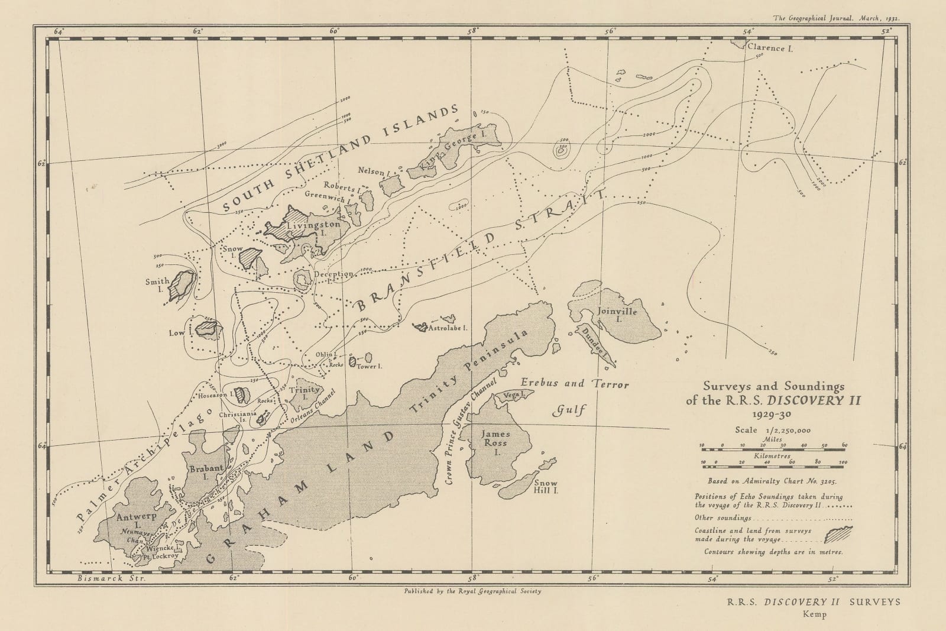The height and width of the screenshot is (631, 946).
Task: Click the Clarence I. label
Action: pos(769,48)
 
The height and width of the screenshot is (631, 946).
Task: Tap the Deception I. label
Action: pos(334,274)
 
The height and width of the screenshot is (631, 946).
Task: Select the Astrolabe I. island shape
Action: pos(421,326)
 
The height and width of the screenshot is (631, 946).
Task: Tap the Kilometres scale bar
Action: pos(773,464)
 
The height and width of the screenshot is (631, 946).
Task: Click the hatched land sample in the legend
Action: pos(838,534)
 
